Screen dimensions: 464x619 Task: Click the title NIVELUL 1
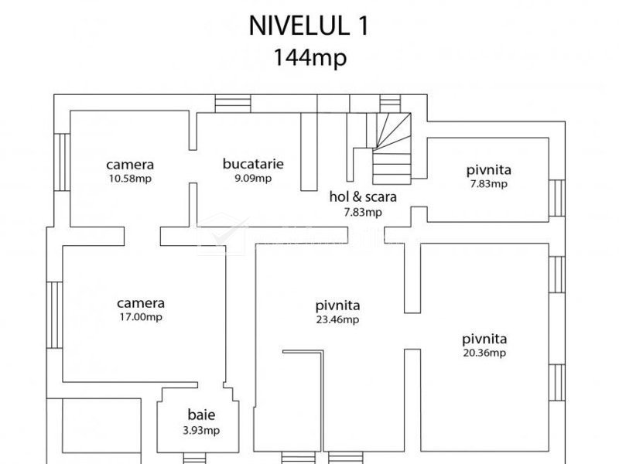309,26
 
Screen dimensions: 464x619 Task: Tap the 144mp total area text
309,57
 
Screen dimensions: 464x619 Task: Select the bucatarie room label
253,164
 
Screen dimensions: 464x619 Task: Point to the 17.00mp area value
141,316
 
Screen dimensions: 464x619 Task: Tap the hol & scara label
363,196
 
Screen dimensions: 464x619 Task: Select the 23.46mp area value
337,319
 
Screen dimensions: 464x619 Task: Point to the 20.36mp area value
485,353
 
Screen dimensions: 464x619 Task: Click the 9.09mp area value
253,178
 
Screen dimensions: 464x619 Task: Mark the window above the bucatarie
228,104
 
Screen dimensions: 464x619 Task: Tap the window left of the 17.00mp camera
54,315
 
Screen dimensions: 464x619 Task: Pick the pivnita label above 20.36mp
485,338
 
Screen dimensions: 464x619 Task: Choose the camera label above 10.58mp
130,164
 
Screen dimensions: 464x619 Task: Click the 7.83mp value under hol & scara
363,211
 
